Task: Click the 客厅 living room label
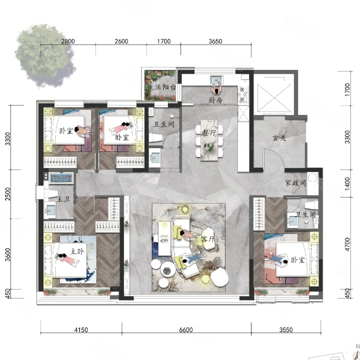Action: pyautogui.click(x=208, y=239)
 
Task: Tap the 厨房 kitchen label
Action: pyautogui.click(x=215, y=100)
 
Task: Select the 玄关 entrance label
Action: pyautogui.click(x=279, y=138)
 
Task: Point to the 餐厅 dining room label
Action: pyautogui.click(x=209, y=132)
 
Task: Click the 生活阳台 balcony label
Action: pyautogui.click(x=162, y=87)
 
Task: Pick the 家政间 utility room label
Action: pyautogui.click(x=295, y=183)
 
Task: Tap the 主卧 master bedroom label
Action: pyautogui.click(x=77, y=251)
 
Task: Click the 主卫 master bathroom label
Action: pyautogui.click(x=63, y=199)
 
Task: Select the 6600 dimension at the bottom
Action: pyautogui.click(x=186, y=330)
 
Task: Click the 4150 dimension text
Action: pyautogui.click(x=81, y=330)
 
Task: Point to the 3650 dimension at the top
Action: pyautogui.click(x=215, y=41)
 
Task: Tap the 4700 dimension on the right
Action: pyautogui.click(x=347, y=244)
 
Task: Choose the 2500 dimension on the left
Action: pyautogui.click(x=8, y=194)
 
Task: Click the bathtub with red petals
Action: pyautogui.click(x=61, y=178)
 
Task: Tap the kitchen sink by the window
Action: pyautogui.click(x=216, y=80)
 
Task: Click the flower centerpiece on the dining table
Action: pyautogui.click(x=209, y=146)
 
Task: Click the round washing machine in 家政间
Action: pyautogui.click(x=312, y=177)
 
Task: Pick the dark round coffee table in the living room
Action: pyautogui.click(x=168, y=270)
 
